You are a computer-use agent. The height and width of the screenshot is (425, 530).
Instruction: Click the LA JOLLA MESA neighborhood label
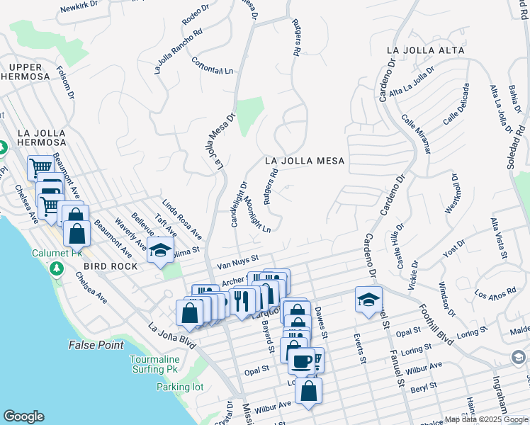[305, 161]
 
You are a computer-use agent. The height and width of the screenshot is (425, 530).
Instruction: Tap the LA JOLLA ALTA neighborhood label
[426, 50]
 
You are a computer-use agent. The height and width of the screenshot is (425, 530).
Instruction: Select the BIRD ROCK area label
[105, 266]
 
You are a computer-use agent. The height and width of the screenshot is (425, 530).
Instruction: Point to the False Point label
[96, 345]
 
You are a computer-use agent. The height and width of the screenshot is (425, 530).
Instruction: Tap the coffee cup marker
[301, 361]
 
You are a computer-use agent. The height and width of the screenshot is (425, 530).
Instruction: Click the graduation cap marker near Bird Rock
[161, 251]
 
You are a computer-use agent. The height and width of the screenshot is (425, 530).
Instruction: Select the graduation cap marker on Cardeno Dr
[368, 299]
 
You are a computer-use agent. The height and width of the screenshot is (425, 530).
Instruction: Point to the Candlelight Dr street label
[239, 204]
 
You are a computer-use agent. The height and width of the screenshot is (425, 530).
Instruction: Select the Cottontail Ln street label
[212, 67]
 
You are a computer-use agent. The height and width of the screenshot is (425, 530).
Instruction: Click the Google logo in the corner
[23, 416]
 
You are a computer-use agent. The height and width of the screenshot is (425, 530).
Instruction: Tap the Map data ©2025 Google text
[486, 419]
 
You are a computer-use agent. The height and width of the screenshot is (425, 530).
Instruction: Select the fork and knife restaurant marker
[242, 300]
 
